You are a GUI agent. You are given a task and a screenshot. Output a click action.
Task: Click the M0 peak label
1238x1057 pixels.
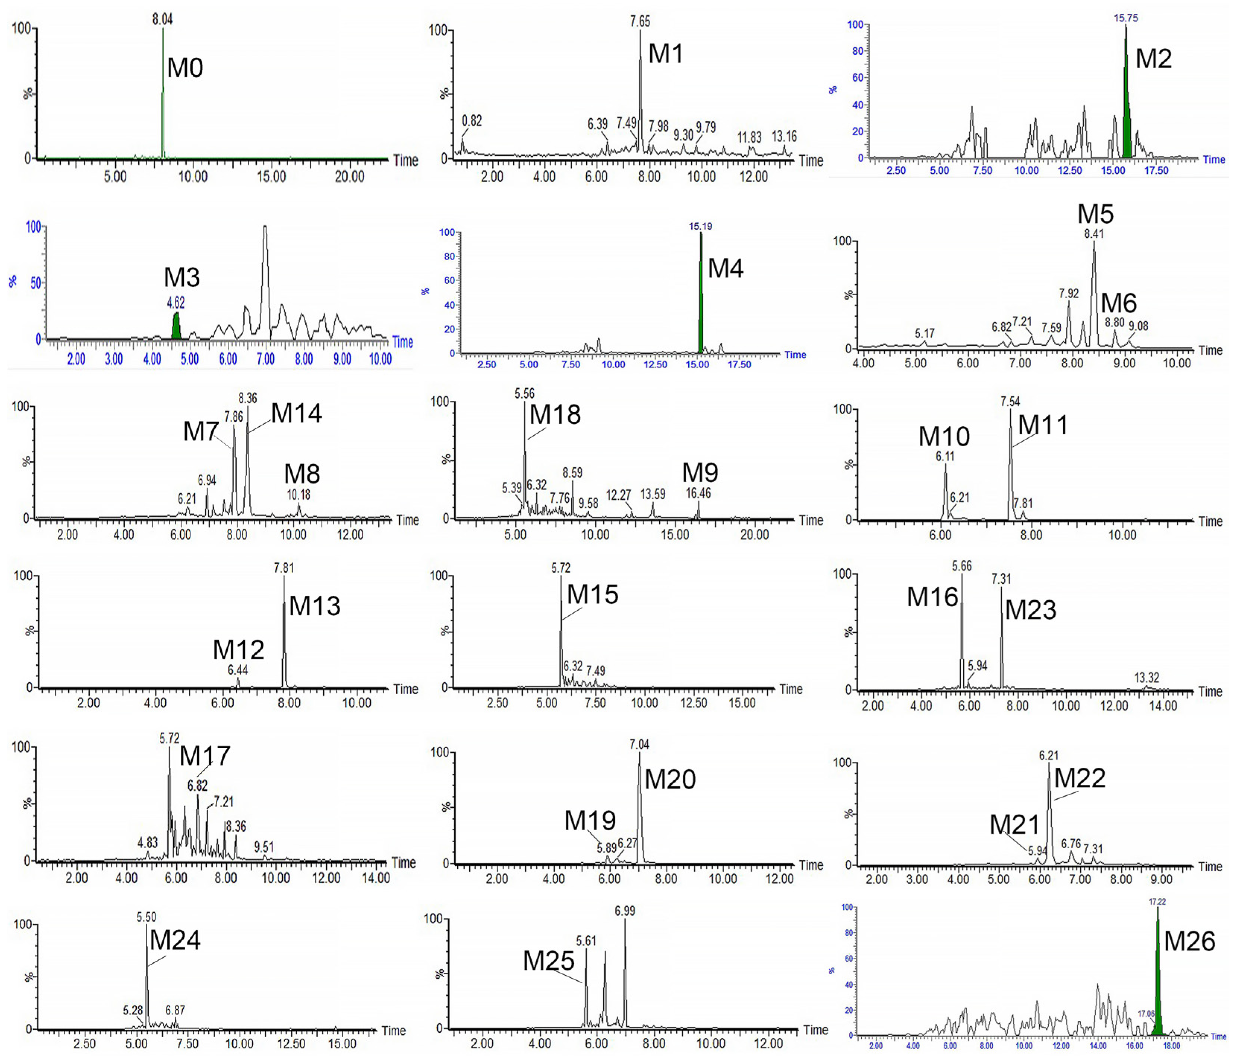tap(185, 67)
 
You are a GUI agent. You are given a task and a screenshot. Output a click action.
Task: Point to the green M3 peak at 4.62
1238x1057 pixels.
tap(176, 327)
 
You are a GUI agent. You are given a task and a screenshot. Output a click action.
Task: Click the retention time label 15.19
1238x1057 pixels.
tap(700, 226)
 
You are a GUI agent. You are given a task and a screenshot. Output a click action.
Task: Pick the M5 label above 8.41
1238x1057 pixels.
tap(1095, 214)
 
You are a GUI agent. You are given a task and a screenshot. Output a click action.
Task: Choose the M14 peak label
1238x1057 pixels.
tap(296, 413)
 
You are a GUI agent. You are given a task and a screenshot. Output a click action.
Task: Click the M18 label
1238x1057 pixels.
tap(555, 414)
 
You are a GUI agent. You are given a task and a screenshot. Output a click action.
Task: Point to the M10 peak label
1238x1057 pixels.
tap(944, 437)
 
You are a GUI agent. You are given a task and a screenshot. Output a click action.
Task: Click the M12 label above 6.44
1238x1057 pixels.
tap(239, 649)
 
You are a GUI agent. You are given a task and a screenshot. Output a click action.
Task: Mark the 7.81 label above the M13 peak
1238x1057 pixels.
tap(284, 567)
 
